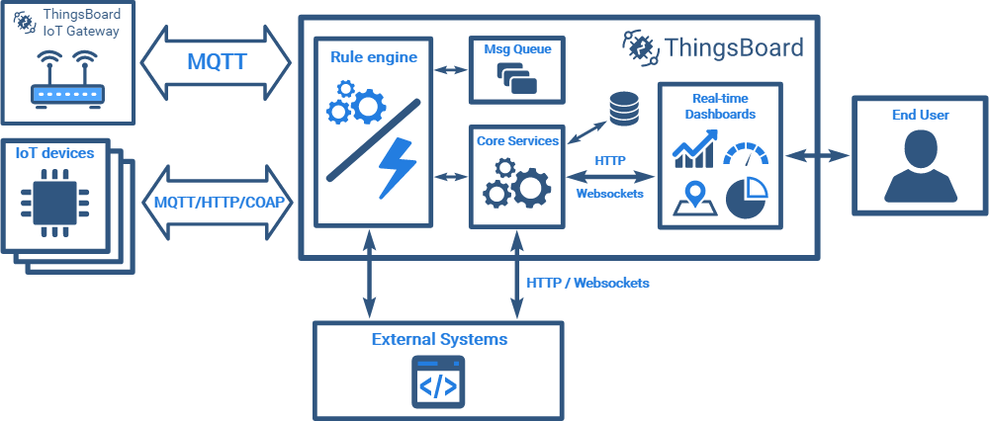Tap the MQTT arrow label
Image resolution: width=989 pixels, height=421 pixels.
tap(217, 61)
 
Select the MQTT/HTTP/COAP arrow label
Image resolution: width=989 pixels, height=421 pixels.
tap(218, 201)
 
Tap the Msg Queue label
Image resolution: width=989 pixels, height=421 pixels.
tap(510, 47)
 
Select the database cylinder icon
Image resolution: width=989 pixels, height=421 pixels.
tap(623, 108)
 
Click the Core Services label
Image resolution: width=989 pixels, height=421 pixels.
tap(517, 140)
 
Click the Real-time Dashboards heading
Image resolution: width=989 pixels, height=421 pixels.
tap(719, 106)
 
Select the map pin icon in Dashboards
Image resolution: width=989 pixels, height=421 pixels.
tap(695, 197)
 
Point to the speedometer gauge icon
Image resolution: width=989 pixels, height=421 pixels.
tap(747, 154)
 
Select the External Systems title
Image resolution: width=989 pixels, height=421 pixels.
tap(439, 339)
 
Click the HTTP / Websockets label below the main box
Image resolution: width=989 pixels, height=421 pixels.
tap(587, 283)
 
